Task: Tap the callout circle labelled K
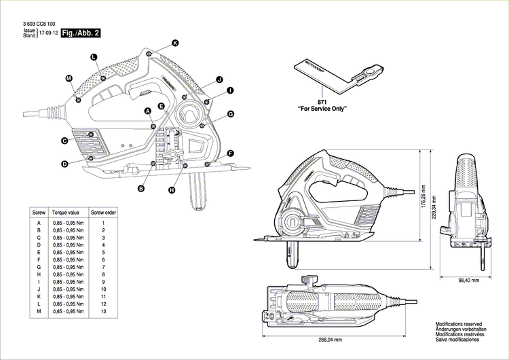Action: (x=175, y=43)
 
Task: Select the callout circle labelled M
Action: (x=69, y=79)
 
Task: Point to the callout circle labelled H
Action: (x=172, y=190)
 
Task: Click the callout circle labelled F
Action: (x=231, y=154)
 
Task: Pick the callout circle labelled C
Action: (x=64, y=141)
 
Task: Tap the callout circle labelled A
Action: (x=147, y=110)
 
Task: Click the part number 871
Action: (x=322, y=101)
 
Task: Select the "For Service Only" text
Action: (x=322, y=108)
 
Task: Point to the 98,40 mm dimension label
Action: (x=467, y=280)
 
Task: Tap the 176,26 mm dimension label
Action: (x=423, y=198)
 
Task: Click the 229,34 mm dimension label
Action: (x=434, y=198)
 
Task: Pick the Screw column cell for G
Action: (x=39, y=266)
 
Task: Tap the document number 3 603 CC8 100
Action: (x=39, y=24)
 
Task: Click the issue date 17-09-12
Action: (x=48, y=33)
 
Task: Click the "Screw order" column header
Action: (x=104, y=213)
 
